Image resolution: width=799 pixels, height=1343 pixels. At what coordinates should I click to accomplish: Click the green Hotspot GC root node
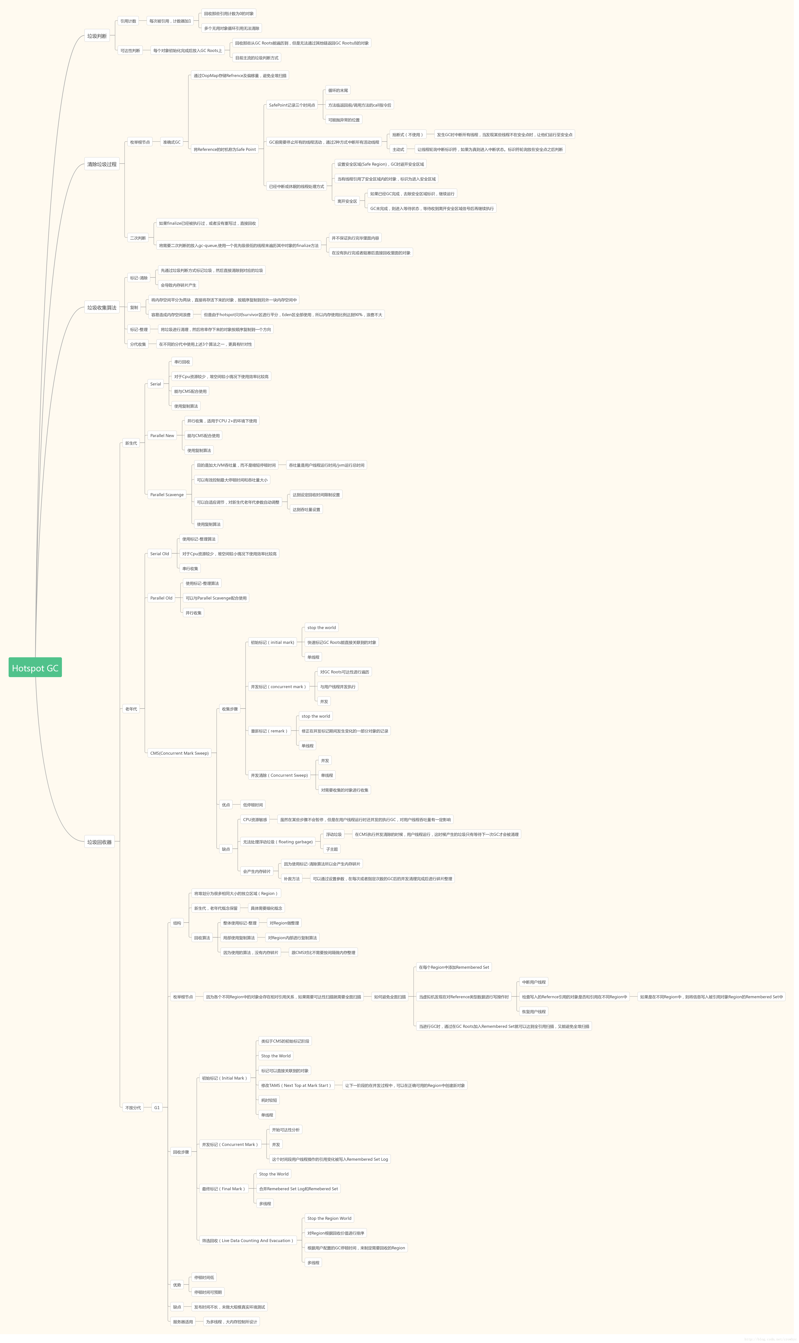(35, 668)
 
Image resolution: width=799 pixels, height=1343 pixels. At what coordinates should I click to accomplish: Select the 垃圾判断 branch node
(97, 36)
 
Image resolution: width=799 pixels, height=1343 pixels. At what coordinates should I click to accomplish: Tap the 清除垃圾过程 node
(102, 164)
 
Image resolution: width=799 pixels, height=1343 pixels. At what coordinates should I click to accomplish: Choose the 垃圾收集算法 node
(102, 308)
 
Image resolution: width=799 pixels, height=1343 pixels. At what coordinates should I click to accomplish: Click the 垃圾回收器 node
(100, 842)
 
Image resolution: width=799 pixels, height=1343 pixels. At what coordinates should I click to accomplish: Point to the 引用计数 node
(128, 21)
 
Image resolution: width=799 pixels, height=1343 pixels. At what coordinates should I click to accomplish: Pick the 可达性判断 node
(130, 51)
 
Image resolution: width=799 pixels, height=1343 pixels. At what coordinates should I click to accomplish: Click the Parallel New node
(162, 436)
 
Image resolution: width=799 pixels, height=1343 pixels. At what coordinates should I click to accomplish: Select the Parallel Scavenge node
(167, 494)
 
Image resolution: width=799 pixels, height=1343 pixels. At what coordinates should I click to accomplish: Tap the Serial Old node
(159, 554)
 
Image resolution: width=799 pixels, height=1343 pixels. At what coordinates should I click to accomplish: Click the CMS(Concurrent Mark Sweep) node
(179, 753)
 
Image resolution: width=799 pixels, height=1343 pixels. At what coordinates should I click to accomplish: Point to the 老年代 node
(131, 709)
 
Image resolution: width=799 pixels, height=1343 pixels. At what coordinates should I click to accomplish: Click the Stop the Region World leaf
(329, 1218)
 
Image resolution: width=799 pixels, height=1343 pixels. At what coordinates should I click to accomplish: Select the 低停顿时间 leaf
(253, 805)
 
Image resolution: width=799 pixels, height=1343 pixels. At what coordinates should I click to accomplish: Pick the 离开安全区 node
(347, 201)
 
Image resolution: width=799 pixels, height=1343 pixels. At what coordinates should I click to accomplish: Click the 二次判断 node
(138, 238)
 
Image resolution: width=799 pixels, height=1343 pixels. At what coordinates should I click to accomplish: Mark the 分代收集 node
(138, 344)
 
